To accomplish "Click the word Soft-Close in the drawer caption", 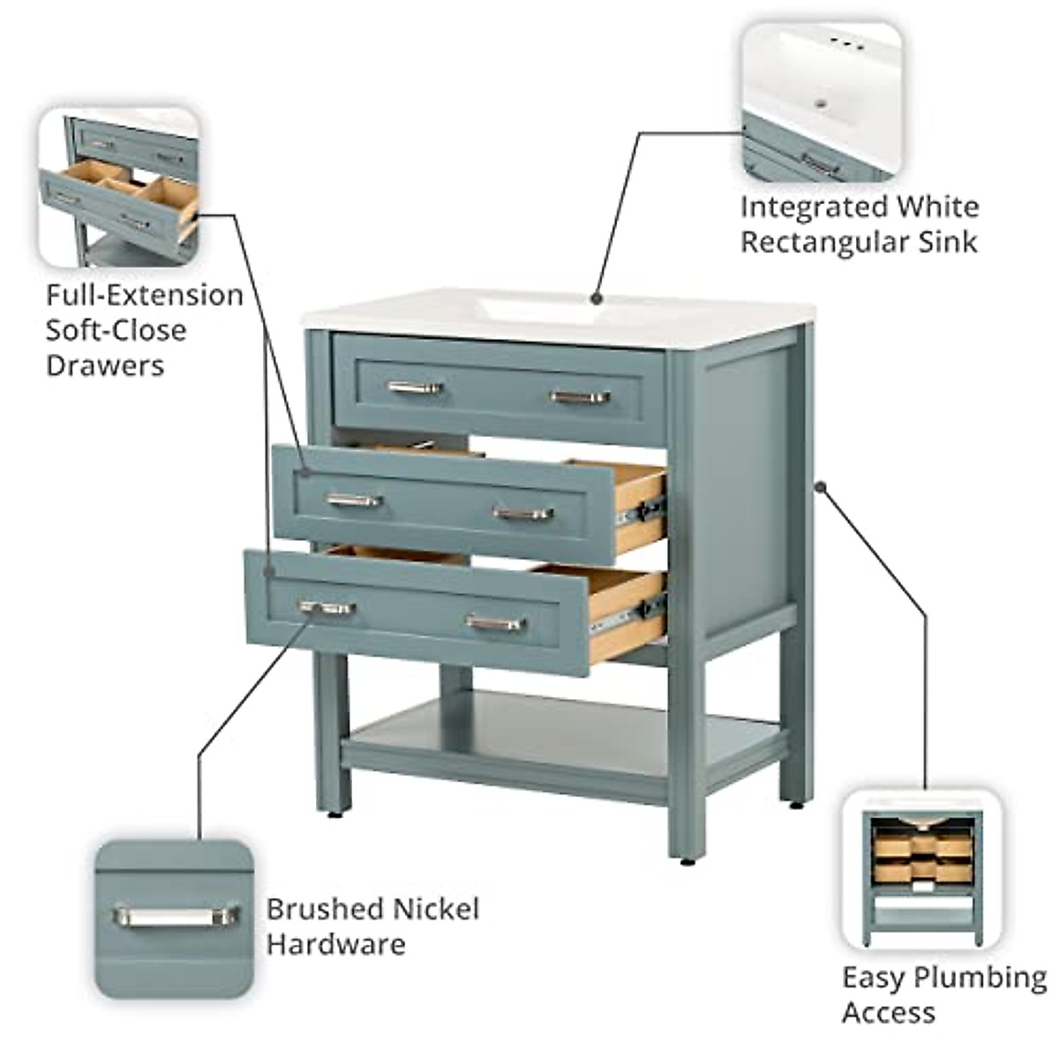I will coord(116,330).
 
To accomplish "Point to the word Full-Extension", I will coord(144,295).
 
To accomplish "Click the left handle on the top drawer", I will coord(415,387).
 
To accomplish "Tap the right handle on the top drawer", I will coord(580,396).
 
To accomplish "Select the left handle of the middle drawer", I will coord(354,500).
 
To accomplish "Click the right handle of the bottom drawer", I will coord(495,623).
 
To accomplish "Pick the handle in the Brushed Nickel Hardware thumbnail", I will coord(176,916).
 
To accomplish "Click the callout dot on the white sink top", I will coord(597,297).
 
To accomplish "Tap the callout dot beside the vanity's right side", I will coord(820,485).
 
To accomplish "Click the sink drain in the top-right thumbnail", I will coord(821,103).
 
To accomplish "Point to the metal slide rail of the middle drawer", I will coord(642,511).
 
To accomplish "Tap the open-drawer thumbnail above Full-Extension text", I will coord(119,186).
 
